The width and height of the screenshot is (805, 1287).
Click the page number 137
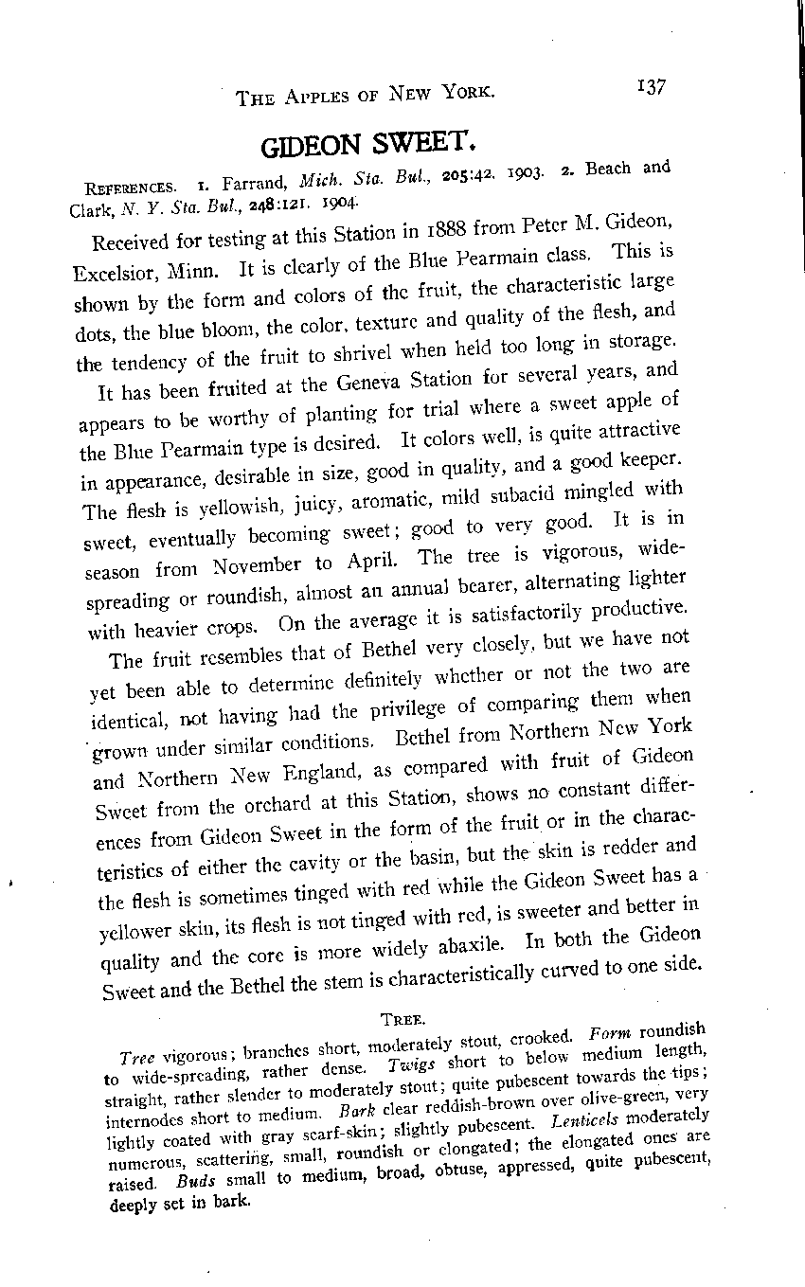[x=652, y=87]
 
